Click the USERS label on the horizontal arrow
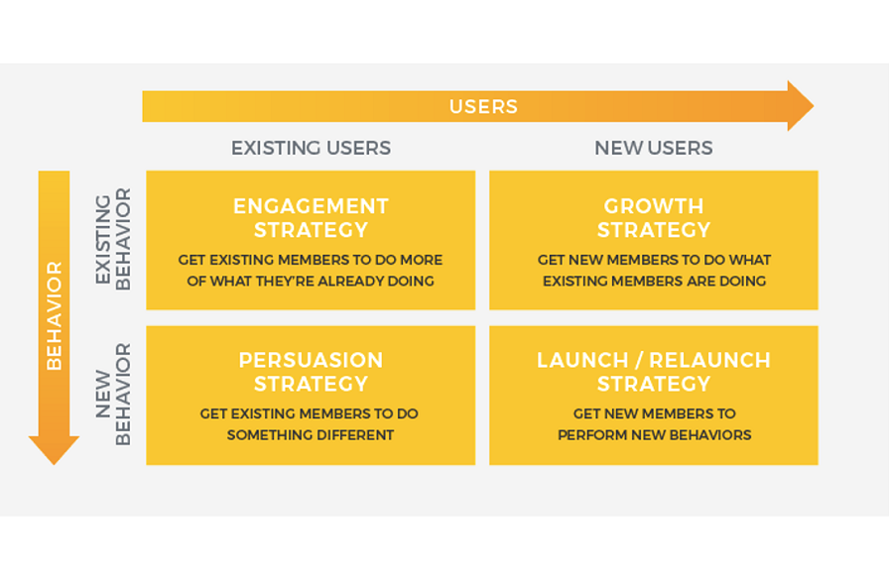[x=483, y=107]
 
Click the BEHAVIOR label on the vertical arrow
[x=54, y=315]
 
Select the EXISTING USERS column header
[x=311, y=148]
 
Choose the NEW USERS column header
[x=653, y=148]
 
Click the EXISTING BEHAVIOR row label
[x=113, y=239]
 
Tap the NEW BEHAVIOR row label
[x=113, y=395]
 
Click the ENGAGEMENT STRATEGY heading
[x=311, y=218]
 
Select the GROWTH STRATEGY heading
[x=653, y=218]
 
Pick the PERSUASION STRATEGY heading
[x=311, y=372]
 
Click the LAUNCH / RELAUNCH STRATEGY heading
[x=653, y=372]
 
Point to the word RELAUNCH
[x=709, y=360]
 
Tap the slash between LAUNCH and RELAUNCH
[x=639, y=360]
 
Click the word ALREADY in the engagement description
[x=351, y=282]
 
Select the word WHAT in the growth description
[x=750, y=260]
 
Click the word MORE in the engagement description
[x=421, y=260]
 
